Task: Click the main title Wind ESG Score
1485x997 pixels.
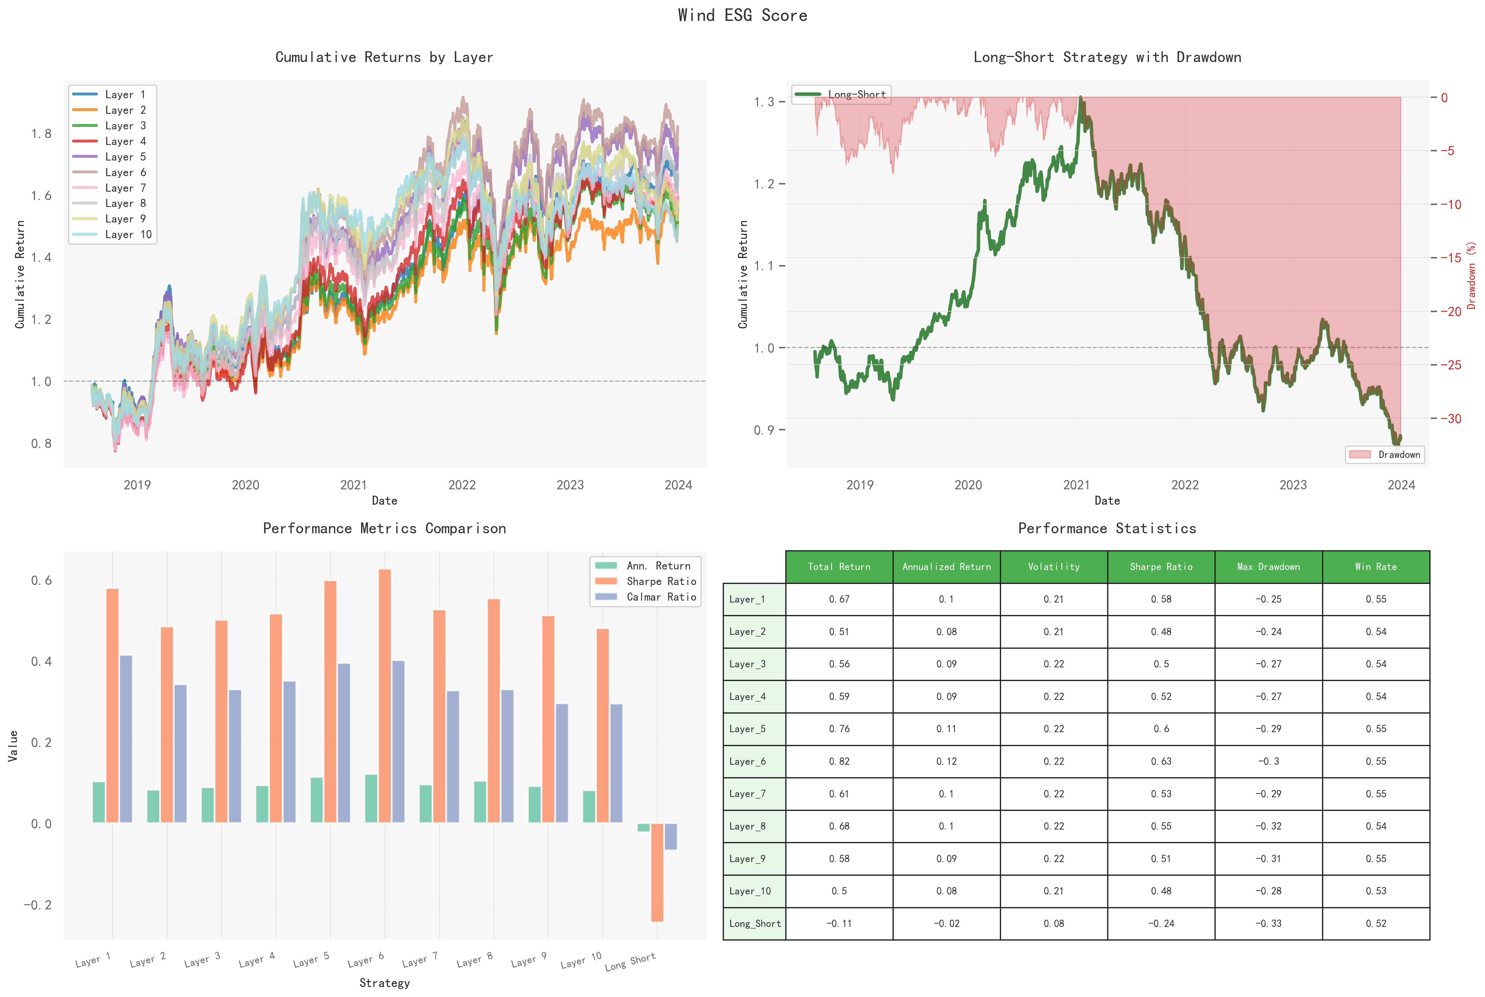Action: pyautogui.click(x=742, y=15)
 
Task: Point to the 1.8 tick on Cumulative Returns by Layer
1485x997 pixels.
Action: pyautogui.click(x=41, y=134)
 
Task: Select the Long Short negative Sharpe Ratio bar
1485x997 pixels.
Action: pyautogui.click(x=657, y=872)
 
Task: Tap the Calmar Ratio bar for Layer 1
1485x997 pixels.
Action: pyautogui.click(x=126, y=739)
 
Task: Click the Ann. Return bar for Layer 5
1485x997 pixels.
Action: pyautogui.click(x=316, y=800)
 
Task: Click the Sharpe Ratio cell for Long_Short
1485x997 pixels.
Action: pyautogui.click(x=1161, y=923)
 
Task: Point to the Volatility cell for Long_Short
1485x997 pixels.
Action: pyautogui.click(x=1054, y=923)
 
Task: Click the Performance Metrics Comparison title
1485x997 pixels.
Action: pyautogui.click(x=384, y=528)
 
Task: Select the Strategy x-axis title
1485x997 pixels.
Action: pyautogui.click(x=384, y=983)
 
